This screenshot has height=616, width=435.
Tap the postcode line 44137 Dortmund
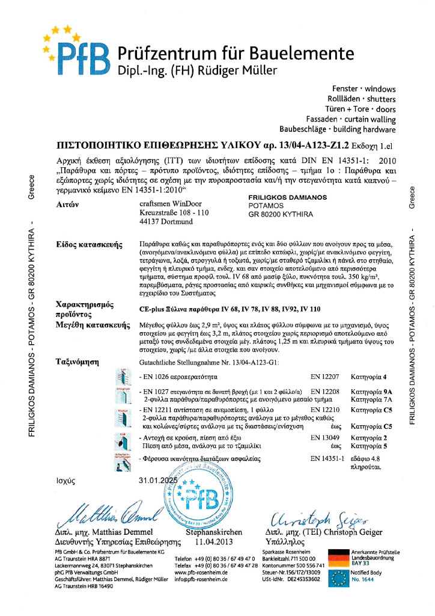pos(156,222)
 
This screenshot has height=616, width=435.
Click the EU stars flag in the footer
pos(338,579)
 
